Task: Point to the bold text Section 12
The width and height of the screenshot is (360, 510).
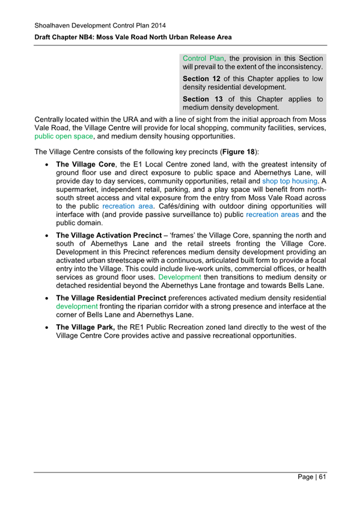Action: click(x=201, y=78)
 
